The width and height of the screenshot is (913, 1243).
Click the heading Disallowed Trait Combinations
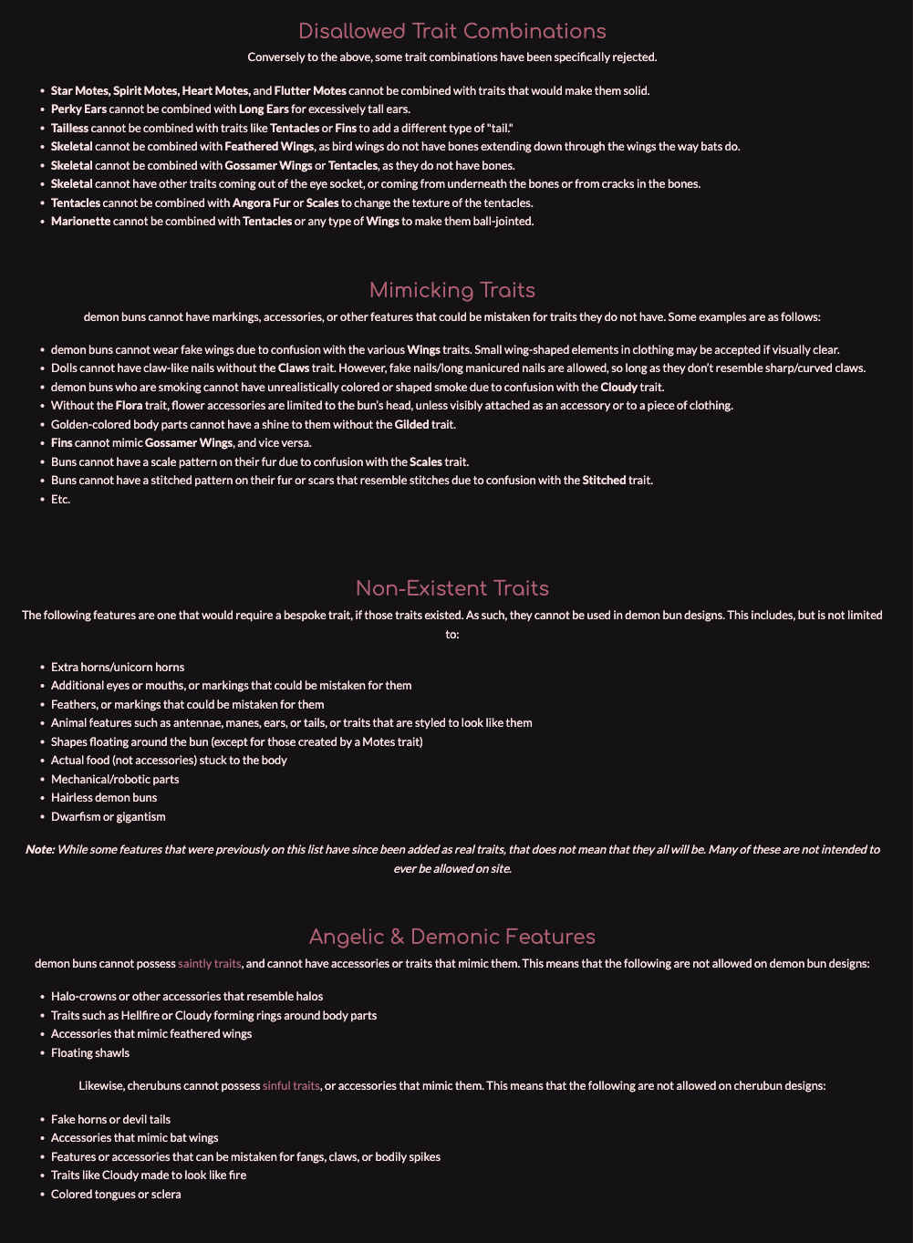[x=451, y=31]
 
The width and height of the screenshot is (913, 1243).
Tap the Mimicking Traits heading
[x=451, y=290]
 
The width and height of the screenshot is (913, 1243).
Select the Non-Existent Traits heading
[x=451, y=587]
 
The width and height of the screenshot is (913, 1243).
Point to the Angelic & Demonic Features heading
[x=451, y=937]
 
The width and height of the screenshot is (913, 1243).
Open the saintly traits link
[x=210, y=963]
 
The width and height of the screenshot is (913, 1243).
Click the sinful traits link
[x=291, y=1085]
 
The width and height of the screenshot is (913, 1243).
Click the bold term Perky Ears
[x=78, y=109]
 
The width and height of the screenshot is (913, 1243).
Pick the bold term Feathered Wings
[x=270, y=147]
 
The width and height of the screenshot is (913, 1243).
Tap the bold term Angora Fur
[x=261, y=202]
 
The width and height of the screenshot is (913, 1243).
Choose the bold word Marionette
[x=80, y=222]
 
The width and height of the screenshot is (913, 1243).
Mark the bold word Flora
[x=130, y=406]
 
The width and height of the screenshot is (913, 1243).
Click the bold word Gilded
[x=413, y=424]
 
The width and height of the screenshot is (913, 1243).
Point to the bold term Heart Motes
[x=215, y=91]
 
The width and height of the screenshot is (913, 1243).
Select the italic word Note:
[x=40, y=849]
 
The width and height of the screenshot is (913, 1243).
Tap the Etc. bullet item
[x=60, y=499]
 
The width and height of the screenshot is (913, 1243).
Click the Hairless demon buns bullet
[x=104, y=798]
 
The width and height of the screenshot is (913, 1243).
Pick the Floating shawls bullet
[x=90, y=1053]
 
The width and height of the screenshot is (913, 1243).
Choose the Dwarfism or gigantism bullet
[x=109, y=816]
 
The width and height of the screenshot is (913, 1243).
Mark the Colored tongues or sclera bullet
[x=116, y=1194]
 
